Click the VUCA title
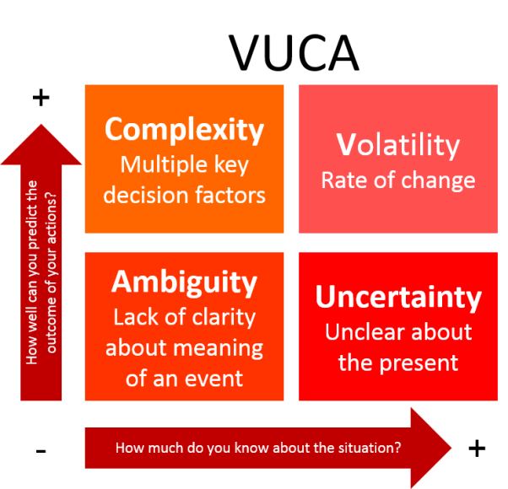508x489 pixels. [x=294, y=53]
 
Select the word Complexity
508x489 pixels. [x=184, y=130]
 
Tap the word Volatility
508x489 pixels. [x=397, y=145]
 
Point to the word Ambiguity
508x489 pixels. [x=184, y=282]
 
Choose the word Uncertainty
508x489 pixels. [x=398, y=298]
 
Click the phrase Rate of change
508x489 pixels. [x=398, y=180]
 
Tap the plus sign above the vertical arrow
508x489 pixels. [x=41, y=98]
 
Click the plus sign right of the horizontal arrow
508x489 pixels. [x=477, y=449]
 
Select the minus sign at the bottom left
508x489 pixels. [x=41, y=451]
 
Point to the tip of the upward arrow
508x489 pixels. [x=41, y=124]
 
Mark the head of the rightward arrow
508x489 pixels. [x=451, y=448]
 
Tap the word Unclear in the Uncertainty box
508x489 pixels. [x=360, y=332]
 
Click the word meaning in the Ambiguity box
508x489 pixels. [x=218, y=348]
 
